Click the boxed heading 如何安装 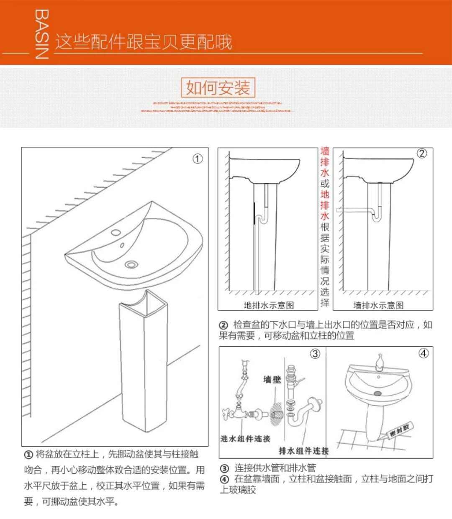click(218, 88)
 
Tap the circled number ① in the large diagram click(197, 159)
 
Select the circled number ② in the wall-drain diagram click(422, 153)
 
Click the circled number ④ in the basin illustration click(424, 353)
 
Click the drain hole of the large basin click(131, 264)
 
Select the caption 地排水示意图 click(269, 305)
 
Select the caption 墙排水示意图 click(378, 305)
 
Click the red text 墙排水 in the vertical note click(325, 162)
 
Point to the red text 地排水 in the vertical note click(325, 205)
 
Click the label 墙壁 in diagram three click(272, 379)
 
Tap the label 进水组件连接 click(245, 439)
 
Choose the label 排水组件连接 click(304, 450)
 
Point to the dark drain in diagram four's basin click(377, 393)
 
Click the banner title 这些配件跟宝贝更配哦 click(144, 42)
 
